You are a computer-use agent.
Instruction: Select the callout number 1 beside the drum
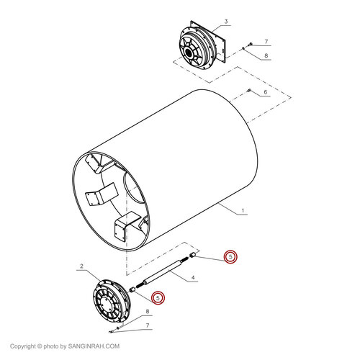click(x=243, y=211)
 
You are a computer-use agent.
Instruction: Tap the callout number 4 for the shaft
click(x=194, y=277)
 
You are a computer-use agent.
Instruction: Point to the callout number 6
click(x=265, y=92)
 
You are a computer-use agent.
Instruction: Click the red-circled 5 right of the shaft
click(x=230, y=256)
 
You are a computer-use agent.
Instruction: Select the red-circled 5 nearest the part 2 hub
click(x=158, y=296)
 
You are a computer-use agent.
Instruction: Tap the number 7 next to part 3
click(x=266, y=42)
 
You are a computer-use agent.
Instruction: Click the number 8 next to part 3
click(x=266, y=55)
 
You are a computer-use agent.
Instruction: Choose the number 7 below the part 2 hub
click(x=148, y=325)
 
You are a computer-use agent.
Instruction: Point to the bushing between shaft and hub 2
click(x=134, y=289)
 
